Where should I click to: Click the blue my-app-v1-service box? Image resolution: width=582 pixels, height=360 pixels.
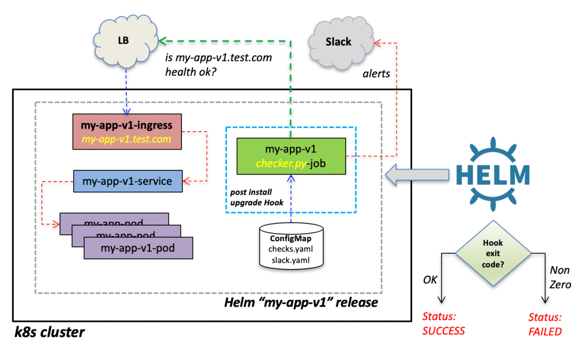tap(128, 181)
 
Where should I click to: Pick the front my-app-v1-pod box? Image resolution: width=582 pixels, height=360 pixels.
tap(138, 248)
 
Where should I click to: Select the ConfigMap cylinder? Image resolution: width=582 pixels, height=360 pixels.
tap(290, 245)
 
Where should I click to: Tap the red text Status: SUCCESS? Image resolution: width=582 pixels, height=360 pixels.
tap(443, 324)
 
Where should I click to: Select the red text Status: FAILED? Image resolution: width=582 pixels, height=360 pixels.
tap(544, 324)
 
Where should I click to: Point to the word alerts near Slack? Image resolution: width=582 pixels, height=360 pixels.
tap(376, 74)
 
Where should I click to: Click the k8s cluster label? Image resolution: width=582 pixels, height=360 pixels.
tap(50, 332)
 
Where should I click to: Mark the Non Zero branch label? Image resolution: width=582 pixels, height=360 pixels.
tap(559, 278)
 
